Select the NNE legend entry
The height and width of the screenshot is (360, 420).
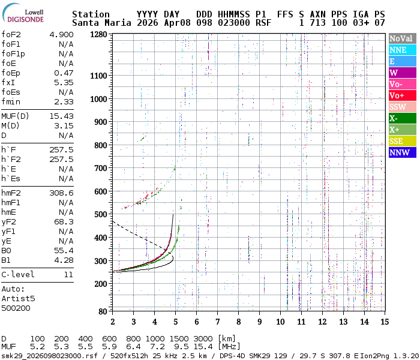tap(401, 50)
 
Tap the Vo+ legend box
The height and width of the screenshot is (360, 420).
tap(401, 96)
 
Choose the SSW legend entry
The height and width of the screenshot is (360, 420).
tap(401, 107)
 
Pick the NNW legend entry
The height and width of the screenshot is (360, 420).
tap(401, 152)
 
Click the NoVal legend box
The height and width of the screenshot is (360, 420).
tap(401, 39)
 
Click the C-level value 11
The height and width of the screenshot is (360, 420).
tap(68, 274)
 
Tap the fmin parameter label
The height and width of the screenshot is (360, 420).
tap(12, 101)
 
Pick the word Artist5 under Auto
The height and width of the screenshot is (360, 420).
tap(18, 298)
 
